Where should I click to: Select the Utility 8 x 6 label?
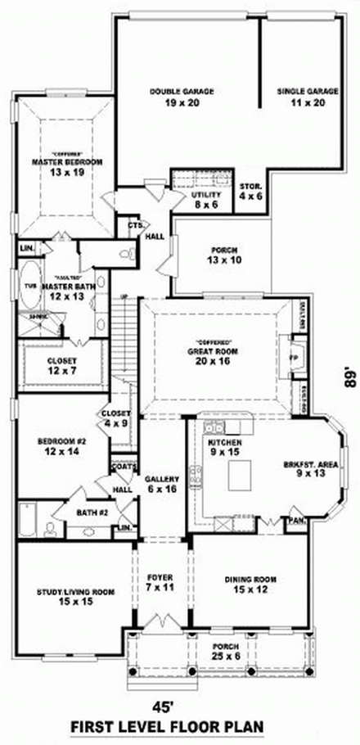205,201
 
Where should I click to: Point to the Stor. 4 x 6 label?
250,192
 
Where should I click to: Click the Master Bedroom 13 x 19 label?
67,167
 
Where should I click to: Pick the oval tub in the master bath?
29,287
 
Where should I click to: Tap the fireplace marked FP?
296,357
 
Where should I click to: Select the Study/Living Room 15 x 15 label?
64,596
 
